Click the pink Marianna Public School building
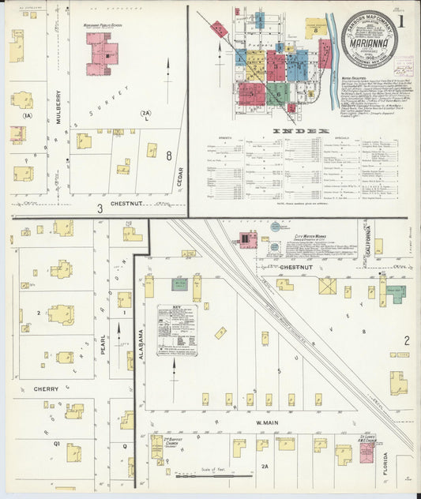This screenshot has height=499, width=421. point(103,54)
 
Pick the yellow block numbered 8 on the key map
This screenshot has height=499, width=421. point(315,31)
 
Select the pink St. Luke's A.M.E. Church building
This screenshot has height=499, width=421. point(367,452)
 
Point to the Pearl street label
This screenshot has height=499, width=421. point(103,347)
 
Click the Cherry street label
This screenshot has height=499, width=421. point(47,388)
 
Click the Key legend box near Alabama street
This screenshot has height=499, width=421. point(175,329)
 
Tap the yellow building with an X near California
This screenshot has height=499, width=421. point(327,286)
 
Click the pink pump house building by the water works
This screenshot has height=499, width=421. point(247,238)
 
